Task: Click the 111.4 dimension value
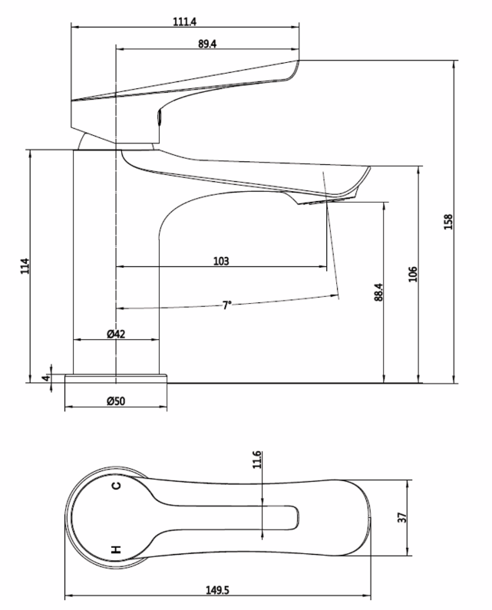(184, 22)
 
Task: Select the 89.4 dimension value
(206, 45)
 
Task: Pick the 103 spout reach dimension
(221, 261)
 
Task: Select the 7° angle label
(227, 305)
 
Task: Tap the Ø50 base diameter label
(116, 401)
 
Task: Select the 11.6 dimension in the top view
(258, 459)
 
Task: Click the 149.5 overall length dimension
(217, 590)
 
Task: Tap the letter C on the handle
(116, 486)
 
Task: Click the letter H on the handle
(117, 549)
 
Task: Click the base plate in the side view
(116, 378)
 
